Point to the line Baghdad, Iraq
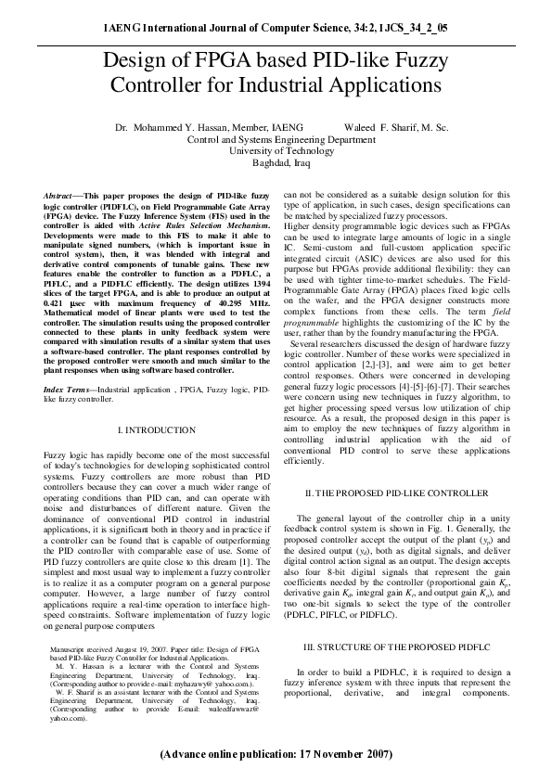coord(275,160)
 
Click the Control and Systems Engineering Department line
coord(276,136)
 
